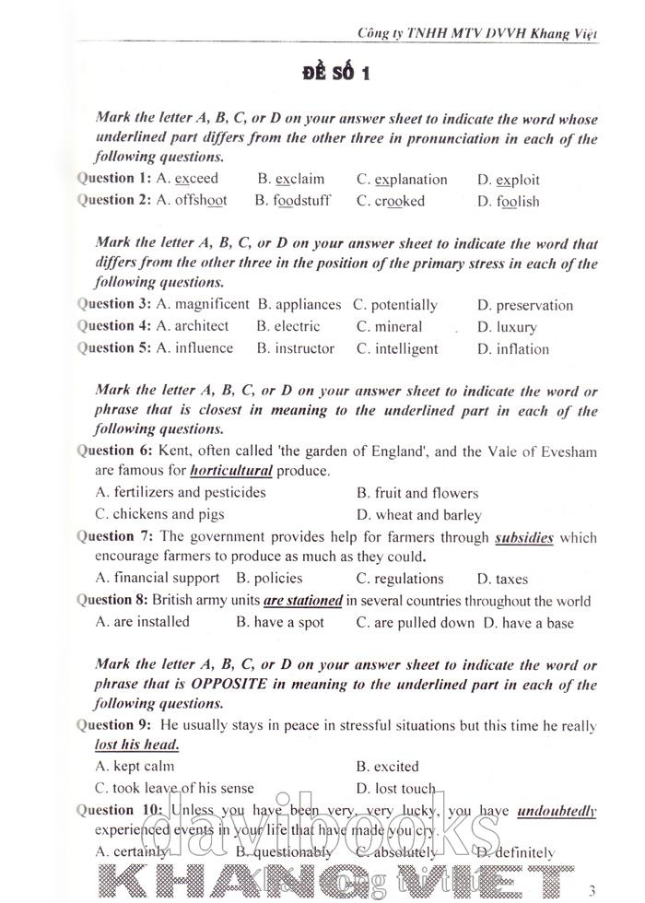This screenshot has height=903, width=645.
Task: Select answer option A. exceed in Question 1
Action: [187, 179]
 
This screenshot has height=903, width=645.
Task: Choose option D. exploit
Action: [508, 180]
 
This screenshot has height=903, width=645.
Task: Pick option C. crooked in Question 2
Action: [390, 201]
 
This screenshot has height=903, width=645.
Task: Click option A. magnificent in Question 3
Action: [203, 304]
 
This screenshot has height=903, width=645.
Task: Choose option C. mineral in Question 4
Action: [389, 326]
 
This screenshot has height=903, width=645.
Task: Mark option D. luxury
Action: [507, 327]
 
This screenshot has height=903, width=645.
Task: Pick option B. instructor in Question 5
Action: [295, 348]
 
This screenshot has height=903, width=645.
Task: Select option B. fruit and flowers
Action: [416, 493]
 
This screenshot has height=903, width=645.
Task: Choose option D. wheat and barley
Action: [418, 515]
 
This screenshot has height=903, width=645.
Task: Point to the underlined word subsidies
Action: [523, 537]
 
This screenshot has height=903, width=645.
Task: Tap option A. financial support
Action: [158, 579]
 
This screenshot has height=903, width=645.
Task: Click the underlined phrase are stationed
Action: [302, 601]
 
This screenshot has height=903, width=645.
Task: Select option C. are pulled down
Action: [416, 623]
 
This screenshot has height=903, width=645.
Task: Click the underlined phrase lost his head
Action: [136, 745]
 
